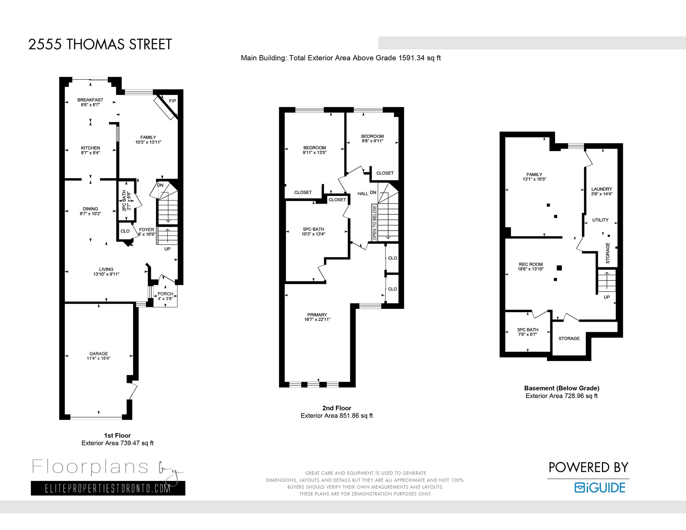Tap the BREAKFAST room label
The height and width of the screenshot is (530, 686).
tap(91, 100)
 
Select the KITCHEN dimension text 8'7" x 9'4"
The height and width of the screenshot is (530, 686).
tap(91, 153)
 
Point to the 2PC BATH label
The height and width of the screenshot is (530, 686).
tap(124, 201)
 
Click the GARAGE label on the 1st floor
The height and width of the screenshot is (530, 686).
tap(99, 354)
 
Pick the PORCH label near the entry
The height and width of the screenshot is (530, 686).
tap(165, 294)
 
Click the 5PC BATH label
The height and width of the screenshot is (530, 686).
tap(313, 229)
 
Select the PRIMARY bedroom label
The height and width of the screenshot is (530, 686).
tap(317, 315)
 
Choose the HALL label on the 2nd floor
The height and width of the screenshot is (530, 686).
tap(363, 194)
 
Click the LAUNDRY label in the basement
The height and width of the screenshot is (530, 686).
tap(602, 189)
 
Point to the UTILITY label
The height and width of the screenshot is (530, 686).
tap(601, 220)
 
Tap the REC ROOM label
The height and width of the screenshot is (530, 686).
tap(531, 264)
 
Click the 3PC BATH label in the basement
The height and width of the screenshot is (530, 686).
tap(528, 330)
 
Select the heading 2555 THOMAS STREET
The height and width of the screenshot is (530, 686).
tap(100, 44)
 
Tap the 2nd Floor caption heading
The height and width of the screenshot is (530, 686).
tap(337, 408)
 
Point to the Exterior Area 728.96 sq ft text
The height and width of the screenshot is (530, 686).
tap(562, 396)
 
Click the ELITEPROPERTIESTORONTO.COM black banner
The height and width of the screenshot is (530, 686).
tap(108, 488)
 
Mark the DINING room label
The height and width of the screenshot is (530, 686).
tap(91, 209)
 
